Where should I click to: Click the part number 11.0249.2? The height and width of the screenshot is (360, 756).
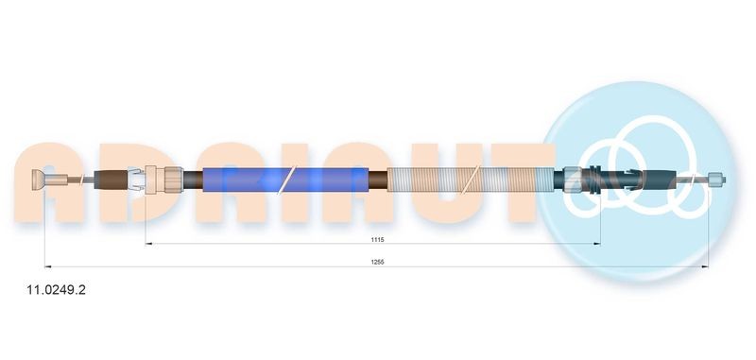tap(56, 290)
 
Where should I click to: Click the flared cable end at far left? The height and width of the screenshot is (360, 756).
tap(39, 180)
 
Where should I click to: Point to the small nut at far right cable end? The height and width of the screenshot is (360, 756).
tap(716, 180)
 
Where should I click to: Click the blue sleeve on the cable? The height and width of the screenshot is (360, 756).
tap(285, 180)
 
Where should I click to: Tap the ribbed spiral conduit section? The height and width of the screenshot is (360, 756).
tap(470, 180)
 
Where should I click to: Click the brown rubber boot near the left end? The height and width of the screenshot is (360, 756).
tap(112, 180)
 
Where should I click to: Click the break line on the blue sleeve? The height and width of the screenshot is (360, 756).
tap(286, 180)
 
